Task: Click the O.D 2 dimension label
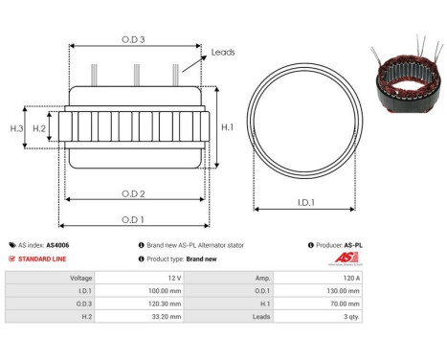click(x=134, y=193)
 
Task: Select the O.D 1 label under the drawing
click(x=134, y=219)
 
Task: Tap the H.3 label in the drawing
click(x=16, y=127)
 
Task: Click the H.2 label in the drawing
click(x=39, y=127)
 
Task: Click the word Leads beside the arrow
click(x=223, y=53)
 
